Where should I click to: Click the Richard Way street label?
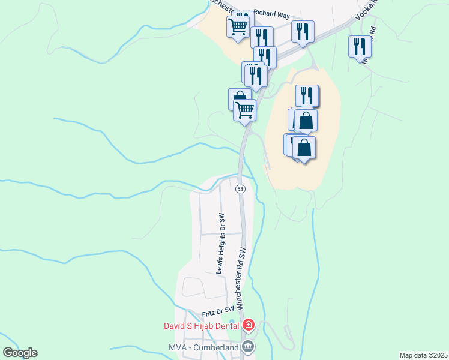coord(271,11)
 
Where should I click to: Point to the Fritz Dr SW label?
coord(217,313)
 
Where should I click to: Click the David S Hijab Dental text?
coord(202,326)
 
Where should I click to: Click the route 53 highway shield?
coord(240,188)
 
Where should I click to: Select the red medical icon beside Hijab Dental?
coord(248,326)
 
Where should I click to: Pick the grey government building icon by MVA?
coord(248,346)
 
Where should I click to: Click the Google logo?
coord(20,353)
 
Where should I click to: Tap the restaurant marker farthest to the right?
coord(360,46)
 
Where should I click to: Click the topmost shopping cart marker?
coord(238,26)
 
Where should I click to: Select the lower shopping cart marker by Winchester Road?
coord(244,109)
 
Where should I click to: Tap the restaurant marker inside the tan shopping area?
coord(307,95)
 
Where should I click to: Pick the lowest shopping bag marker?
coord(304,147)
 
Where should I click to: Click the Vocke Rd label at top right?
coord(366,10)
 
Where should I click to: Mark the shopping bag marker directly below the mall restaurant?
coord(306,119)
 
